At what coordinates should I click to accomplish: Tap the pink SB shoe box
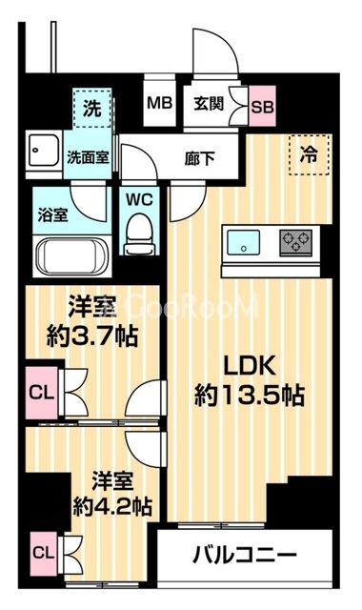pos(260,105)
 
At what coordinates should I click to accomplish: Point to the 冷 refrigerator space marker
pos(310,152)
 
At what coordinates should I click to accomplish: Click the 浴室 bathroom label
pos(51,214)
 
